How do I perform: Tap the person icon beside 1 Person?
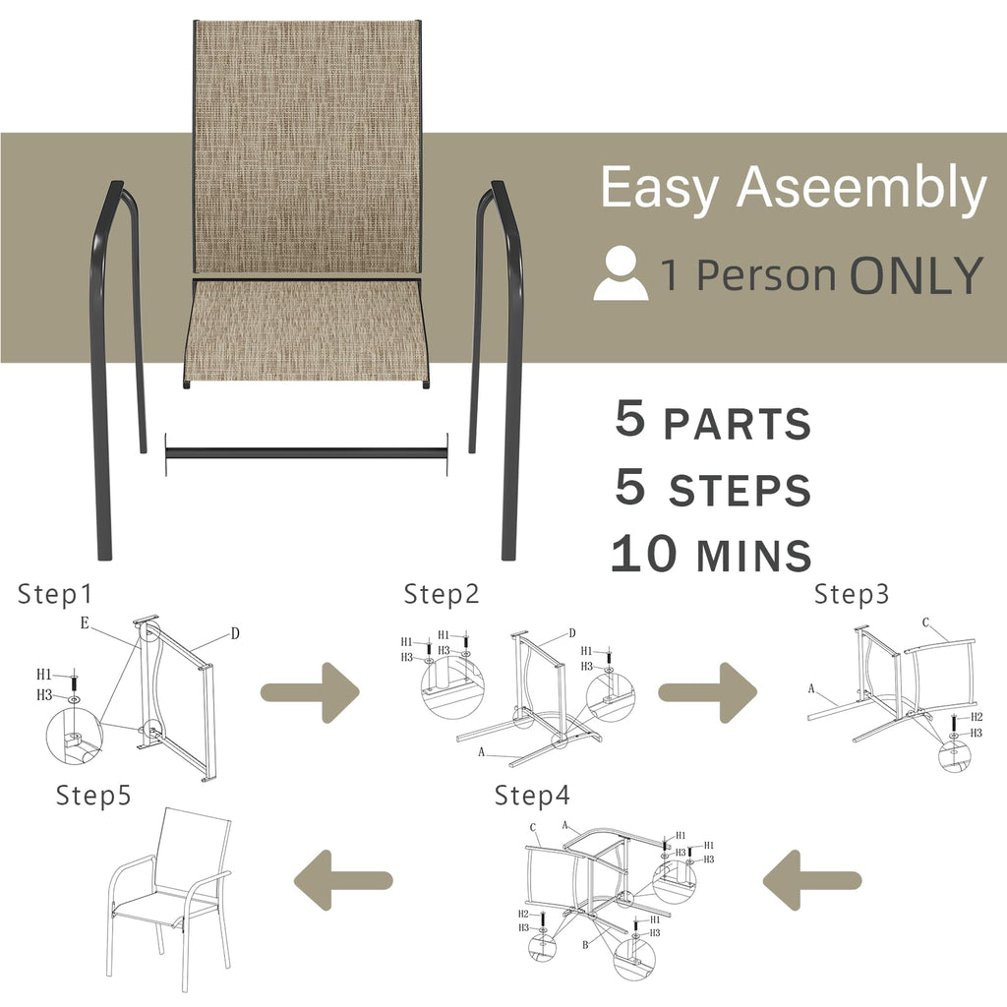(621, 274)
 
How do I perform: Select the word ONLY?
(916, 275)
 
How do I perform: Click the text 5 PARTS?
(713, 421)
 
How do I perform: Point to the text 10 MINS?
(711, 555)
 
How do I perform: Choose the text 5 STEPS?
(713, 488)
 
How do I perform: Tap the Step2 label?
(442, 595)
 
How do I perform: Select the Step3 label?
(852, 595)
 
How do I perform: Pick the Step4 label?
(532, 795)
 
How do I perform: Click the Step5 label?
(93, 795)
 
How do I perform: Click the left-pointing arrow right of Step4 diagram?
(812, 879)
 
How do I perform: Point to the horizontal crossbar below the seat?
(306, 453)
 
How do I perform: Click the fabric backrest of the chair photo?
(307, 148)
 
